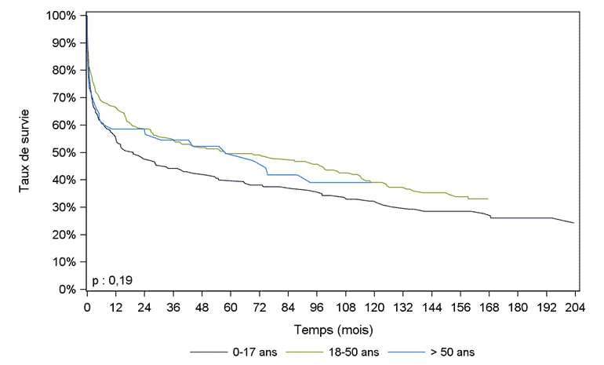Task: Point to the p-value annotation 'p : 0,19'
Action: point(110,279)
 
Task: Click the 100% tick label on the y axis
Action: point(60,16)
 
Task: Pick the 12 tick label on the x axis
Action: point(115,305)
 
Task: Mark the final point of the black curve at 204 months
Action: point(574,223)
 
